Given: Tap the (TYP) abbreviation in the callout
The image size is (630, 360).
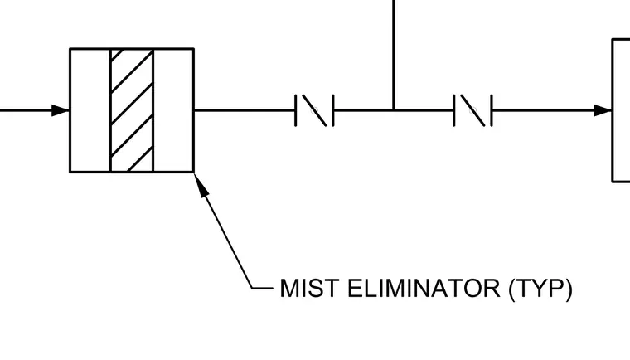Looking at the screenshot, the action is [x=540, y=289].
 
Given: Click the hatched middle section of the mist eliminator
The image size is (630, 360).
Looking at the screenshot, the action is [x=132, y=110].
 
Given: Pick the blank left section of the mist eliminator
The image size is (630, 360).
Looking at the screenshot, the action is [x=90, y=110].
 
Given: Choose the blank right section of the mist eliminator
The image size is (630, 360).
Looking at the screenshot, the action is [x=173, y=110].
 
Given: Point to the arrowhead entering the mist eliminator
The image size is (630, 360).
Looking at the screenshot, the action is [x=61, y=110].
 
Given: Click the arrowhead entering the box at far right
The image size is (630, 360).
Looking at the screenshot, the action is [x=603, y=110].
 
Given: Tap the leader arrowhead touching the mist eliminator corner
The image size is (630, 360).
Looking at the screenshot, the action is [x=201, y=185].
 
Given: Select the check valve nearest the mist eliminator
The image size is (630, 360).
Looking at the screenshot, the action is [x=315, y=110].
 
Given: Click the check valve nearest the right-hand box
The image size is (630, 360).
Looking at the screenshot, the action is [x=472, y=110].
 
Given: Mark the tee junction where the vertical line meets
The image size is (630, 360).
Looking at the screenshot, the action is [x=394, y=109].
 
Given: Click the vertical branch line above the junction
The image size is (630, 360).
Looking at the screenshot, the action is [x=394, y=54].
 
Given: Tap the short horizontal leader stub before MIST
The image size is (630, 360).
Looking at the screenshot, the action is [x=263, y=288].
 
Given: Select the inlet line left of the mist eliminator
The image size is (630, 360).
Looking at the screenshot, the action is [x=26, y=110].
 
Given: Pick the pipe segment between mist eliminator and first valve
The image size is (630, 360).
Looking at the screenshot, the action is [x=245, y=110].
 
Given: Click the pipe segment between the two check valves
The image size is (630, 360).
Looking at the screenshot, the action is [x=394, y=110].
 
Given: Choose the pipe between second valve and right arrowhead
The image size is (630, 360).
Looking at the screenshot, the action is [x=543, y=110].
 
